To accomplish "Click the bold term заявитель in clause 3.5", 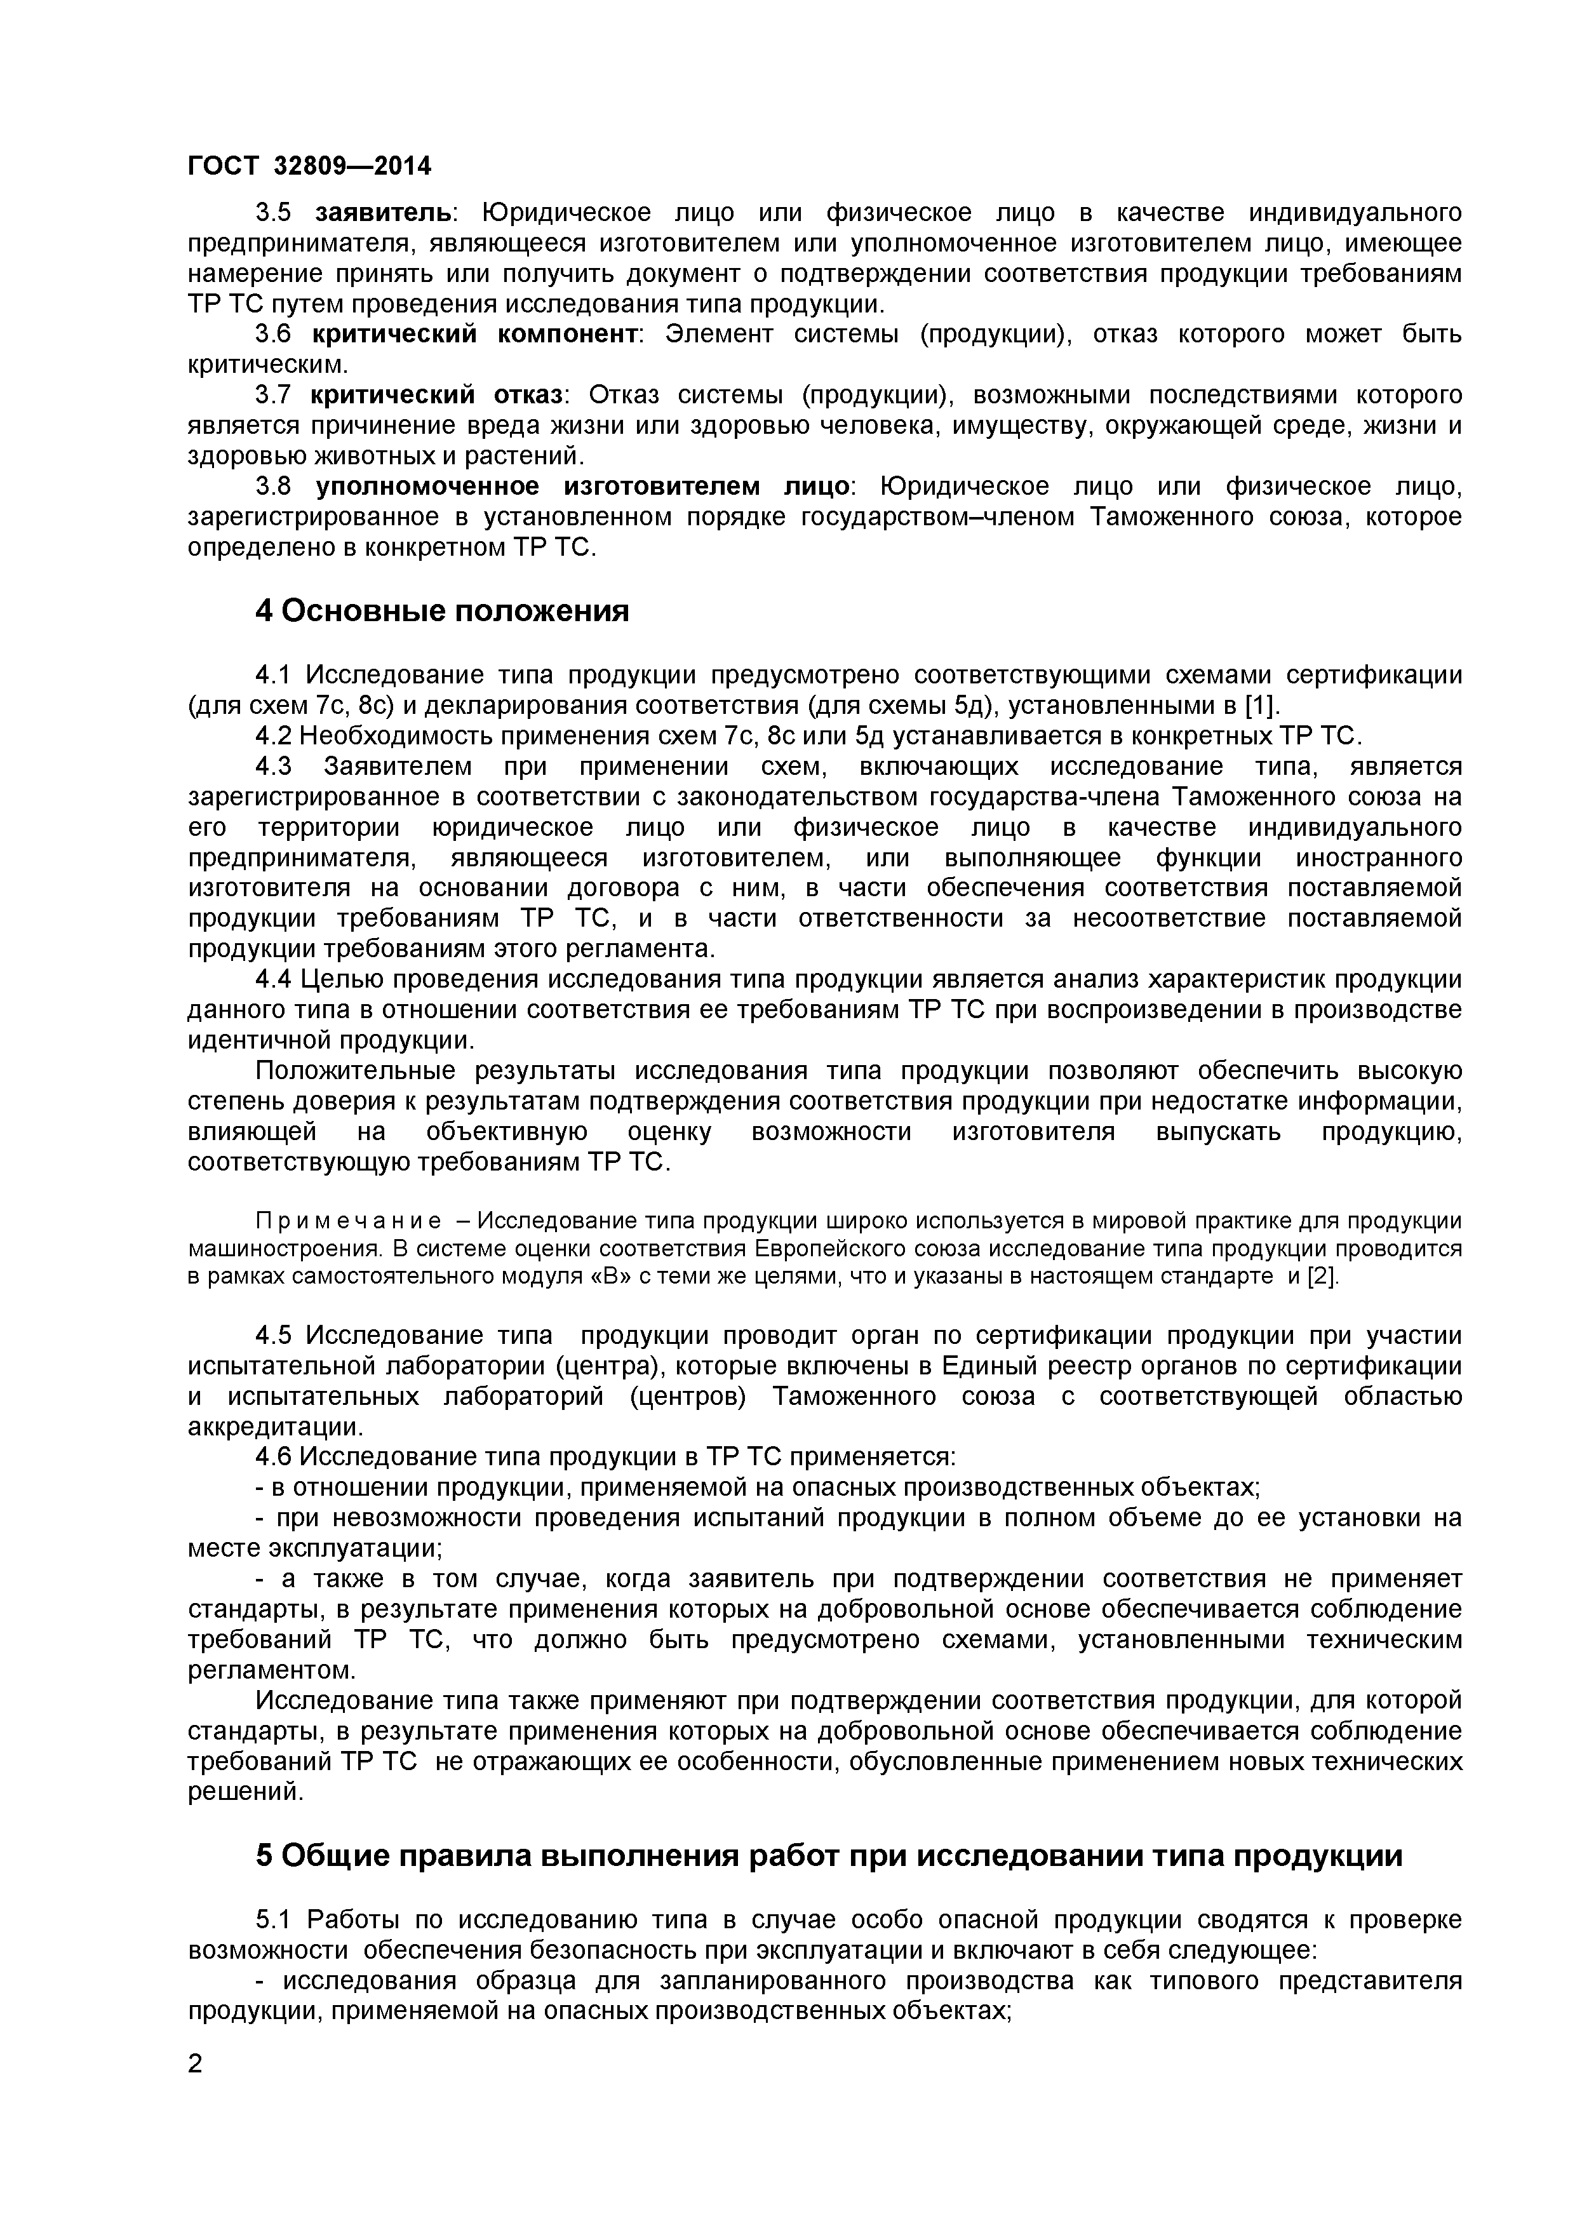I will [382, 213].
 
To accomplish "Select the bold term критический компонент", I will [474, 335].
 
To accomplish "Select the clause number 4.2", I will [274, 735].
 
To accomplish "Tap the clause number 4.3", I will [274, 767].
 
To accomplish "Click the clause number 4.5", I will [274, 1336].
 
